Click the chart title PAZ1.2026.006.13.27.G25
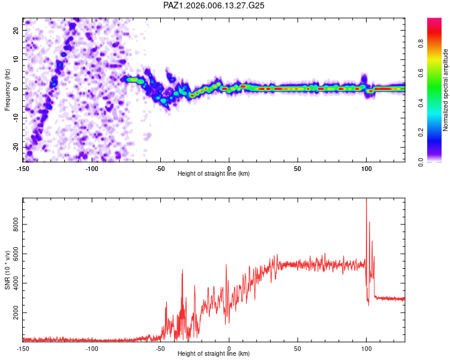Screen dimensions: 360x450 point(214,5)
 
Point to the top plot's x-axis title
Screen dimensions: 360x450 point(214,174)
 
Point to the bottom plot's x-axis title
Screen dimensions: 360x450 point(214,354)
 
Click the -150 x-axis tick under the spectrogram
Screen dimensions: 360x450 point(23,169)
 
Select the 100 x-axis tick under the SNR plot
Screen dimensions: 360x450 point(366,349)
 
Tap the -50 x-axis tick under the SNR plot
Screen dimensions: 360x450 point(160,349)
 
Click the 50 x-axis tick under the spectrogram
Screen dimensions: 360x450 point(298,169)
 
